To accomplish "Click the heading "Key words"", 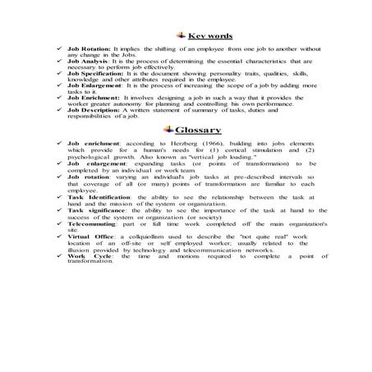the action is click(209, 36).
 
